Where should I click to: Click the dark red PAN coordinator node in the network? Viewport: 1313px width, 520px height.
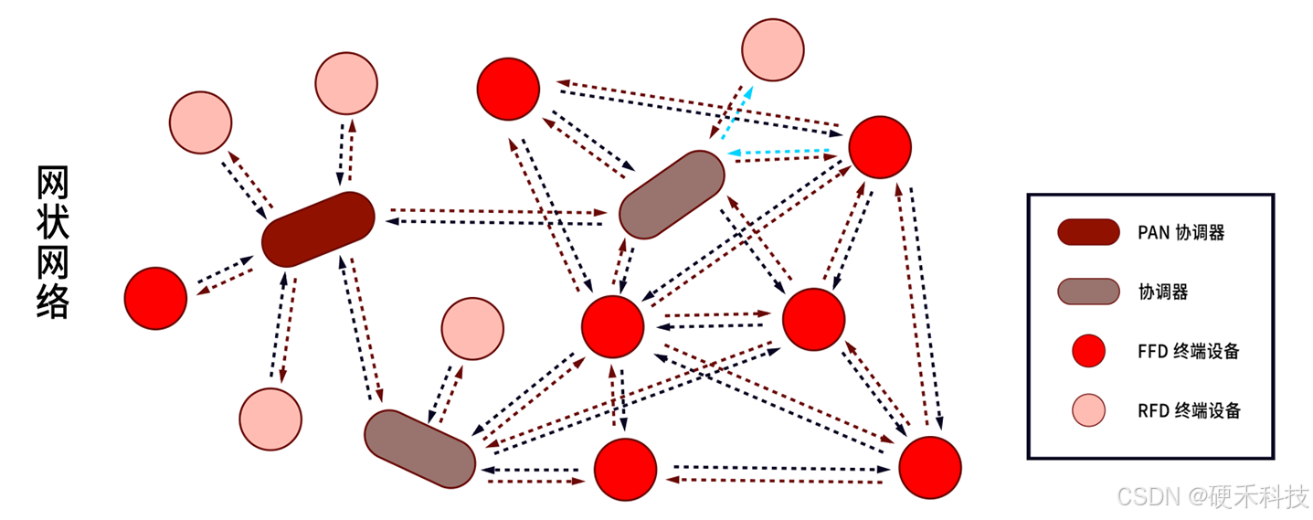pos(318,229)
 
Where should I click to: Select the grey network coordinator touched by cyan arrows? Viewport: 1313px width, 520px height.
pos(672,195)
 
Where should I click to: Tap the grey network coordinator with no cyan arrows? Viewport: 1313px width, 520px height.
pos(420,448)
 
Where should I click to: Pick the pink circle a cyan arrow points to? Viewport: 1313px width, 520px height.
pos(772,49)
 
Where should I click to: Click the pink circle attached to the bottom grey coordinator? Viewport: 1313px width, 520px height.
pos(472,328)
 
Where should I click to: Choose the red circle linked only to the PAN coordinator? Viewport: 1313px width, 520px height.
pos(155,298)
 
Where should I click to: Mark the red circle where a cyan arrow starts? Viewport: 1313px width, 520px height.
pos(880,147)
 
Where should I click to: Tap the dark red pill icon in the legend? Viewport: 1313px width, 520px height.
pos(1088,232)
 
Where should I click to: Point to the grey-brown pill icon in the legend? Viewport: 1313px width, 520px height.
pos(1088,292)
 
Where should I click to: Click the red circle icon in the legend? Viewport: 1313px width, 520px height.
pos(1088,351)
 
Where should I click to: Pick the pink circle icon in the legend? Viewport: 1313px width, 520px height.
pos(1088,410)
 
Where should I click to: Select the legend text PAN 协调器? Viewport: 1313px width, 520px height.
pos(1181,232)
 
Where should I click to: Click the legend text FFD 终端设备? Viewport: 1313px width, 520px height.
pos(1188,351)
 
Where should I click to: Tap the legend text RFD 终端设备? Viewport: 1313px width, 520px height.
pos(1189,410)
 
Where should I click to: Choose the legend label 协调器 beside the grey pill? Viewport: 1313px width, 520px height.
pos(1162,292)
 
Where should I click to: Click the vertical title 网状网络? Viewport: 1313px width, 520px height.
pos(53,241)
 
